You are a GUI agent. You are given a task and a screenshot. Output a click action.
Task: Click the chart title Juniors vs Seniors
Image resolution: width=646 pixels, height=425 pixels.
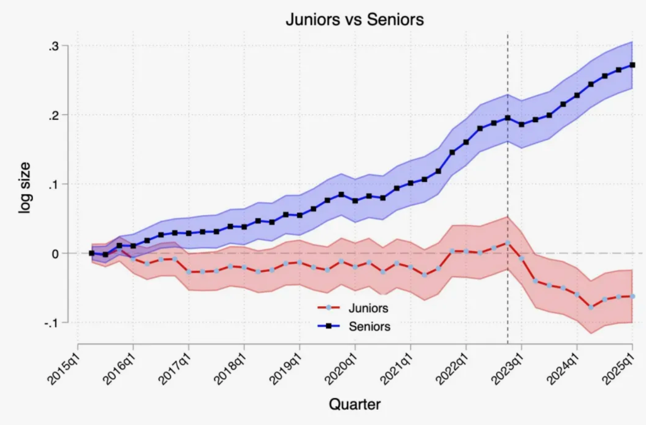click(x=354, y=20)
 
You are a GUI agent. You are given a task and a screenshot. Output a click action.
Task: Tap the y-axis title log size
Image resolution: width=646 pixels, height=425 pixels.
click(x=25, y=187)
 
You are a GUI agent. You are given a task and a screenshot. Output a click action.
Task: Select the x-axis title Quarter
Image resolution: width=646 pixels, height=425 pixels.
click(x=354, y=404)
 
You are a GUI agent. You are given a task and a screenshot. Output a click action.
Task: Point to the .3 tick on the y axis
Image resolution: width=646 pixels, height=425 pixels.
click(x=54, y=46)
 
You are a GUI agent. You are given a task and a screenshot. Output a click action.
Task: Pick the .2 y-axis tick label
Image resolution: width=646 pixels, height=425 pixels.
click(x=54, y=115)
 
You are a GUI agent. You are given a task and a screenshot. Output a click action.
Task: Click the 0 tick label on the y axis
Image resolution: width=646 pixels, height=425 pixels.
click(x=56, y=254)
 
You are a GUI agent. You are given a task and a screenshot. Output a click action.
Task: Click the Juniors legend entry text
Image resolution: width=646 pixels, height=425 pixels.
click(x=368, y=308)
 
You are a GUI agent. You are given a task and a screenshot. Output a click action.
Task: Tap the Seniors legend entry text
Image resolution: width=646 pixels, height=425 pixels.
click(x=370, y=326)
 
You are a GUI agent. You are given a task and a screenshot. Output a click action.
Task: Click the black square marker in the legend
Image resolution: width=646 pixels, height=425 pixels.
click(x=329, y=326)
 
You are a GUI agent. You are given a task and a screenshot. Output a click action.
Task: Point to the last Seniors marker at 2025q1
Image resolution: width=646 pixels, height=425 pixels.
click(x=632, y=65)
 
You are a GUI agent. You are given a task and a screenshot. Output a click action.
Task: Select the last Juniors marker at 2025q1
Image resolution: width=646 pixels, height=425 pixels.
click(x=632, y=296)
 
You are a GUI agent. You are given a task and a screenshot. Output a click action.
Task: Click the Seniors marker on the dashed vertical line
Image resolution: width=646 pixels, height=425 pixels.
click(x=507, y=118)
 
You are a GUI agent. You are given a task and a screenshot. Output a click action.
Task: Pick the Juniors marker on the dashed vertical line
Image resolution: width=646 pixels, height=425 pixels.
click(x=507, y=243)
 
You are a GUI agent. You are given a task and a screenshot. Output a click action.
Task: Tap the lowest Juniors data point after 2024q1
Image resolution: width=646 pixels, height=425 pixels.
click(x=591, y=307)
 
